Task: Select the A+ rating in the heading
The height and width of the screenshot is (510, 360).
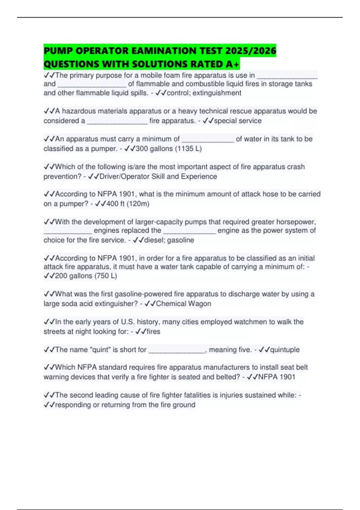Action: coord(233,64)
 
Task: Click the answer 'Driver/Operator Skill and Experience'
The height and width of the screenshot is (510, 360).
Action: coord(158,176)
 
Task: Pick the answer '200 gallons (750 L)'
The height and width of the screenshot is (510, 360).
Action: coord(86,276)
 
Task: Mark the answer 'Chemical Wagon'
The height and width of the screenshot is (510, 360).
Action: coord(183,304)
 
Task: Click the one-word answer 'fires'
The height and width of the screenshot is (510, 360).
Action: coord(153,331)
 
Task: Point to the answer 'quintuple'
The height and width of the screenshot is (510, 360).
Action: coord(285,350)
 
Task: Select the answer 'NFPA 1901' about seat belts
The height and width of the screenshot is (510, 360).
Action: coord(277,377)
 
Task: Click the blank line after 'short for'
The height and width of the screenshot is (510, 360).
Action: coord(177,350)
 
